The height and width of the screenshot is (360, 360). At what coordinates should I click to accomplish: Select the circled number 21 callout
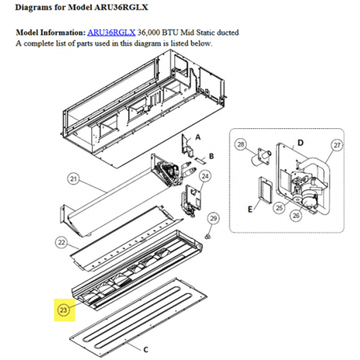click(x=74, y=180)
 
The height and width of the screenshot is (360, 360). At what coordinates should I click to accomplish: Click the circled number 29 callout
click(x=215, y=217)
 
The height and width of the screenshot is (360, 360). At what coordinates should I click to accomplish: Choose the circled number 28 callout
click(x=241, y=145)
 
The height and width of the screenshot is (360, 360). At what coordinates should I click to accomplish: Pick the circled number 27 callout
click(x=336, y=145)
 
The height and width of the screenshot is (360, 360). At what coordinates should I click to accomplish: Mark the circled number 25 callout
click(x=277, y=208)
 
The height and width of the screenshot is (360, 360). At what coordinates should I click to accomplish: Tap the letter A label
click(x=198, y=137)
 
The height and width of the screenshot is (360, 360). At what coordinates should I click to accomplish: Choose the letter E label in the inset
click(x=250, y=208)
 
